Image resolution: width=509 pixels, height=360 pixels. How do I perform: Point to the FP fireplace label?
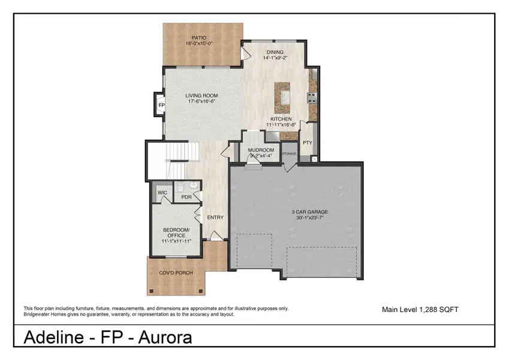point(161,106)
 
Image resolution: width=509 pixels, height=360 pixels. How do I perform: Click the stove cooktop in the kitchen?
point(312,97)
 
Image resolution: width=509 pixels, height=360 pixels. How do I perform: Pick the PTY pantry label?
point(307,143)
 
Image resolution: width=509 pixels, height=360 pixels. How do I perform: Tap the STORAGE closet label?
point(290,154)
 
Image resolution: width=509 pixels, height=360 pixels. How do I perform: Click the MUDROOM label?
point(261,150)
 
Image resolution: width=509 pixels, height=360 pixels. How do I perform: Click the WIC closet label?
point(162,193)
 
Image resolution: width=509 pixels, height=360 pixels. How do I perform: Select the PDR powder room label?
point(186,197)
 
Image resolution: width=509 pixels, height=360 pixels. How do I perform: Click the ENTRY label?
point(215,217)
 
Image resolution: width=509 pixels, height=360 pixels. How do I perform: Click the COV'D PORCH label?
point(176,273)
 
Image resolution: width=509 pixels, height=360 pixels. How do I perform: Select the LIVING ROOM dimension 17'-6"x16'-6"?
point(201,102)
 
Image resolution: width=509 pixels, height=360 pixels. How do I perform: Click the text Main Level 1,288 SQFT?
point(420,310)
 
